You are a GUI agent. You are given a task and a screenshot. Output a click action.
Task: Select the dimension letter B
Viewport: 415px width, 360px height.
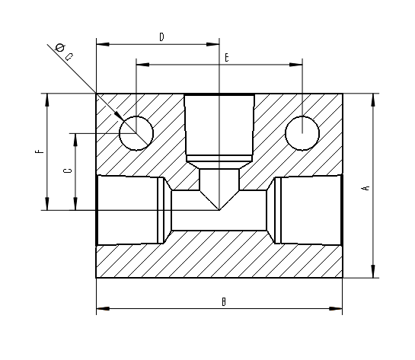point(223,302)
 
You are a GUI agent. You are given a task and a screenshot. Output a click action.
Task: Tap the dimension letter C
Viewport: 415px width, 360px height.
point(69,171)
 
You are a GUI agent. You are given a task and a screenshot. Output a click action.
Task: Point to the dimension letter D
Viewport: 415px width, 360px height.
point(161,37)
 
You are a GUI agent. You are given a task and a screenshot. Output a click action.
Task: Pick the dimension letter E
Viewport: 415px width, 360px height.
point(226,57)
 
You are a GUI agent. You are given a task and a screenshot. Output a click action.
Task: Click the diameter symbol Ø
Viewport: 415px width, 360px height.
point(59,49)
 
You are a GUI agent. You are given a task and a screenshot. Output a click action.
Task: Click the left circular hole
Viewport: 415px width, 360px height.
point(136,133)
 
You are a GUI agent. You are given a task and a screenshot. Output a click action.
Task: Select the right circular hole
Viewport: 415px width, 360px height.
point(302,133)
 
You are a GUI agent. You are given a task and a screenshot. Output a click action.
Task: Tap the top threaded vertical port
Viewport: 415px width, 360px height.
point(219,126)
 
